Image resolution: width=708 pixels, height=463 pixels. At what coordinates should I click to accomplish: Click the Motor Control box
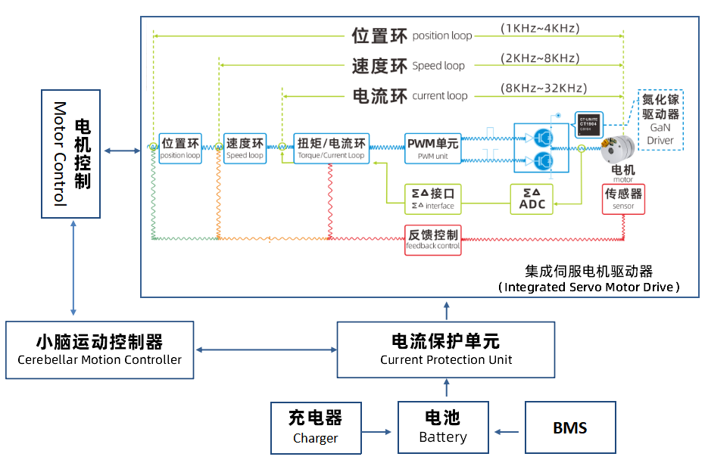click(x=70, y=154)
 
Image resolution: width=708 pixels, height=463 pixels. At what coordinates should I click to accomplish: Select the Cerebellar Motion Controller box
click(x=99, y=350)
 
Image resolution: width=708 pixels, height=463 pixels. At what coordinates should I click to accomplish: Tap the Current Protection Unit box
click(x=445, y=350)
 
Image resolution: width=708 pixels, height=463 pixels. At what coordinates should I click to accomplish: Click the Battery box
click(x=443, y=427)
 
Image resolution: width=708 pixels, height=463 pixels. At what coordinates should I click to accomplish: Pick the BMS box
click(x=569, y=427)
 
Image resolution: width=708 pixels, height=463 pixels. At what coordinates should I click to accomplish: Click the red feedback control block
click(x=432, y=238)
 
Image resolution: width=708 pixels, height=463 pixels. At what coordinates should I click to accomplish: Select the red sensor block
click(x=623, y=199)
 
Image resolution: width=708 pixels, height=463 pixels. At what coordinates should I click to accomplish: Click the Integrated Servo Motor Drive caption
click(x=588, y=279)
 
